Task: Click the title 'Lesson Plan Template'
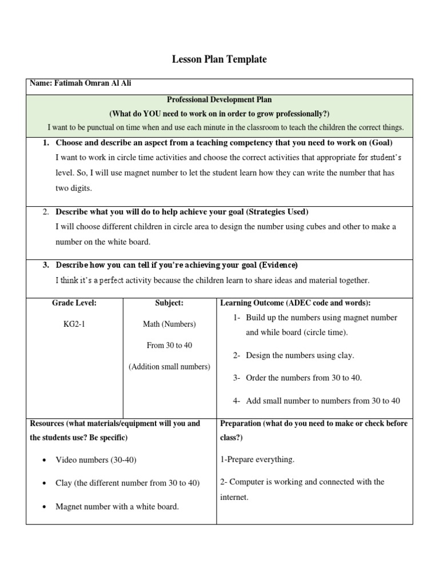(x=219, y=59)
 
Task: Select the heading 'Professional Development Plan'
(x=219, y=99)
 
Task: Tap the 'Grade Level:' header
(x=74, y=303)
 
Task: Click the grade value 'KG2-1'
(x=74, y=324)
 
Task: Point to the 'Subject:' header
(x=169, y=303)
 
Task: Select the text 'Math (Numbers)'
(x=169, y=324)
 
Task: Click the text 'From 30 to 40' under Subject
(x=169, y=345)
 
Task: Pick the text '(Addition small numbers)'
(x=169, y=366)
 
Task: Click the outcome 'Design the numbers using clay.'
(x=300, y=355)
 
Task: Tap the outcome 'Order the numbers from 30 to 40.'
(x=304, y=378)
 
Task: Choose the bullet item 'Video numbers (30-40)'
(x=96, y=460)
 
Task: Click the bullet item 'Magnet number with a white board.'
(x=117, y=506)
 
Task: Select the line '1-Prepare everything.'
(x=257, y=459)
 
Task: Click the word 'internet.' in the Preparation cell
(x=234, y=497)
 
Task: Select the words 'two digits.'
(x=73, y=187)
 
